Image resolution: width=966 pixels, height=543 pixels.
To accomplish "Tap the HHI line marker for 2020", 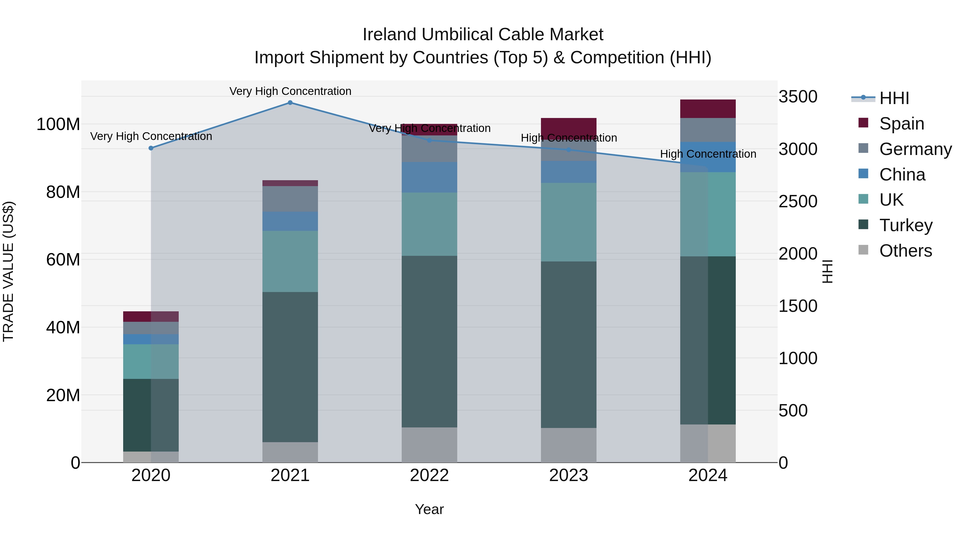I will click(151, 148).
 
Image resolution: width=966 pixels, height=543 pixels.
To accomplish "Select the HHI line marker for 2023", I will click(569, 150).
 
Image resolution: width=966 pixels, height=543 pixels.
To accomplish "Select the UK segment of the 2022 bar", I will click(429, 224).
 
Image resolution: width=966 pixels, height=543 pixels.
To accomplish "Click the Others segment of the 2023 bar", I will click(569, 445).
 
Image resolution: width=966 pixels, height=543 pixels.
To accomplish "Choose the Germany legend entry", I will click(915, 149).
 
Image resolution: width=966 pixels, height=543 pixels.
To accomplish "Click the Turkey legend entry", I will click(906, 225).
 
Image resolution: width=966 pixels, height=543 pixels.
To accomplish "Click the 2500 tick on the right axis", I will click(798, 201).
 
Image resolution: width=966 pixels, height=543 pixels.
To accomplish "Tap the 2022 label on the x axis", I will click(429, 475).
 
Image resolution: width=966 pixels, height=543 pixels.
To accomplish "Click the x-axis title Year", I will click(429, 509).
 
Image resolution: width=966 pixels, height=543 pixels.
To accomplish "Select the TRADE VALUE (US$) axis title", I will click(8, 271).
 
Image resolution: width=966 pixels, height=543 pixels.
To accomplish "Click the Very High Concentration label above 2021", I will click(290, 91).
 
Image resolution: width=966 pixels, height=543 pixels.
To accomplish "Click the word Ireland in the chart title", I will click(390, 35).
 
